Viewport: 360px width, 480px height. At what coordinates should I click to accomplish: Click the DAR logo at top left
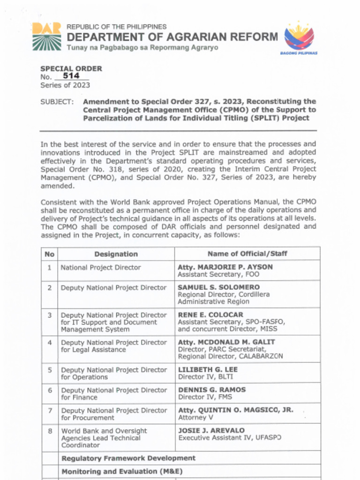pos(46,36)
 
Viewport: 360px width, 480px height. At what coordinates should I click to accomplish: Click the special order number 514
pos(71,76)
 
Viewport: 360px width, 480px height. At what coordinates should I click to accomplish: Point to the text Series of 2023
pos(65,85)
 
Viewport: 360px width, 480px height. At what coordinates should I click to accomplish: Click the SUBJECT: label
pos(57,101)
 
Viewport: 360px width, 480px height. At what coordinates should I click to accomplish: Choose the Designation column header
pos(116,254)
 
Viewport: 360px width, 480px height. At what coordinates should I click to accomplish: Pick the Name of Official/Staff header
pos(247,254)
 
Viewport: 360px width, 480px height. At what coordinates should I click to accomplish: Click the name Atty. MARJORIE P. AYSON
pos(225,267)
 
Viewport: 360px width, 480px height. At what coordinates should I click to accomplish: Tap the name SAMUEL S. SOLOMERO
pos(218,287)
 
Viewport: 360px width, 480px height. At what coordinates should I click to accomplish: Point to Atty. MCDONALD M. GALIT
pos(226,342)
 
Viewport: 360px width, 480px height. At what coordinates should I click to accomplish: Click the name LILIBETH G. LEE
pos(208,370)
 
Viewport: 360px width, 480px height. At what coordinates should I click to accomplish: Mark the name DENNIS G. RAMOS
pos(212,390)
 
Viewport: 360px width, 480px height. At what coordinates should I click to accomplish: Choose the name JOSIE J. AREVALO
pos(211,430)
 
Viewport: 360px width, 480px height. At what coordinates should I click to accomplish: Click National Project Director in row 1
pos(101,268)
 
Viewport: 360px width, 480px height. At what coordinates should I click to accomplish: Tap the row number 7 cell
pos(49,411)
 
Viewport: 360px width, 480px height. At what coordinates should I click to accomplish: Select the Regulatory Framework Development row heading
pos(128,458)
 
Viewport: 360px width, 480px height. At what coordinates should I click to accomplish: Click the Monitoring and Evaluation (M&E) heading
pos(122,472)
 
